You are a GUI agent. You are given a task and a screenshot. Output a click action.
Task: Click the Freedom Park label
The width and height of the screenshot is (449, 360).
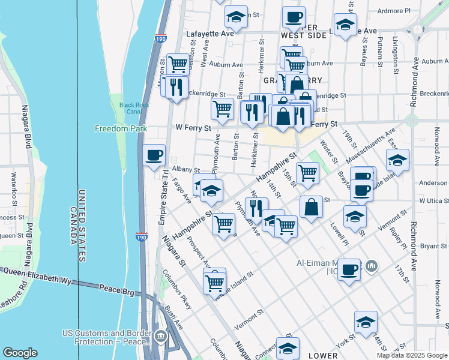point(121,128)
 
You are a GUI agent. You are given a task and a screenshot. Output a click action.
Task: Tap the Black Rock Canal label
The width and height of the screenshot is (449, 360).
point(134,108)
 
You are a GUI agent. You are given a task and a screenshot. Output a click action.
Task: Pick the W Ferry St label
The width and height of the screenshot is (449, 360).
point(193,128)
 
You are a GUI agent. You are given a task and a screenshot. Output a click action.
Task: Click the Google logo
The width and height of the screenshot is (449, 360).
point(20,353)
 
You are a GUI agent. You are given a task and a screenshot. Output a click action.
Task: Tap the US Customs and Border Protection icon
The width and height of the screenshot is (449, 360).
point(160,335)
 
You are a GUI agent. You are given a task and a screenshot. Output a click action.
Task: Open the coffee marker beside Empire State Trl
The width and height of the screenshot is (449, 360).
point(154,155)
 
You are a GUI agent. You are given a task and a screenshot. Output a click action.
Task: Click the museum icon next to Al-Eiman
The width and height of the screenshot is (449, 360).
point(372,265)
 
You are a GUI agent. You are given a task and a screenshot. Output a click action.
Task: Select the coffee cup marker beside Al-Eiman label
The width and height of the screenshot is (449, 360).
point(349,269)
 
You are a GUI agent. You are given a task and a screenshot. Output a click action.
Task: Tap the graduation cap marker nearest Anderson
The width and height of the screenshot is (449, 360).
point(397,160)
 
